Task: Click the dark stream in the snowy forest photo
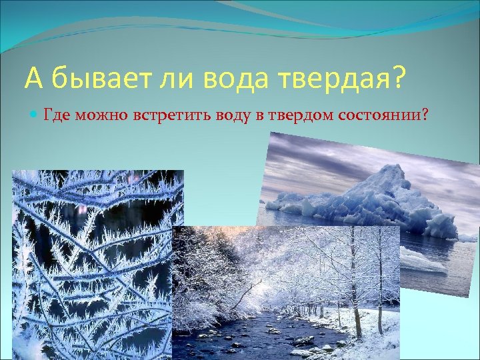pos(267,333)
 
